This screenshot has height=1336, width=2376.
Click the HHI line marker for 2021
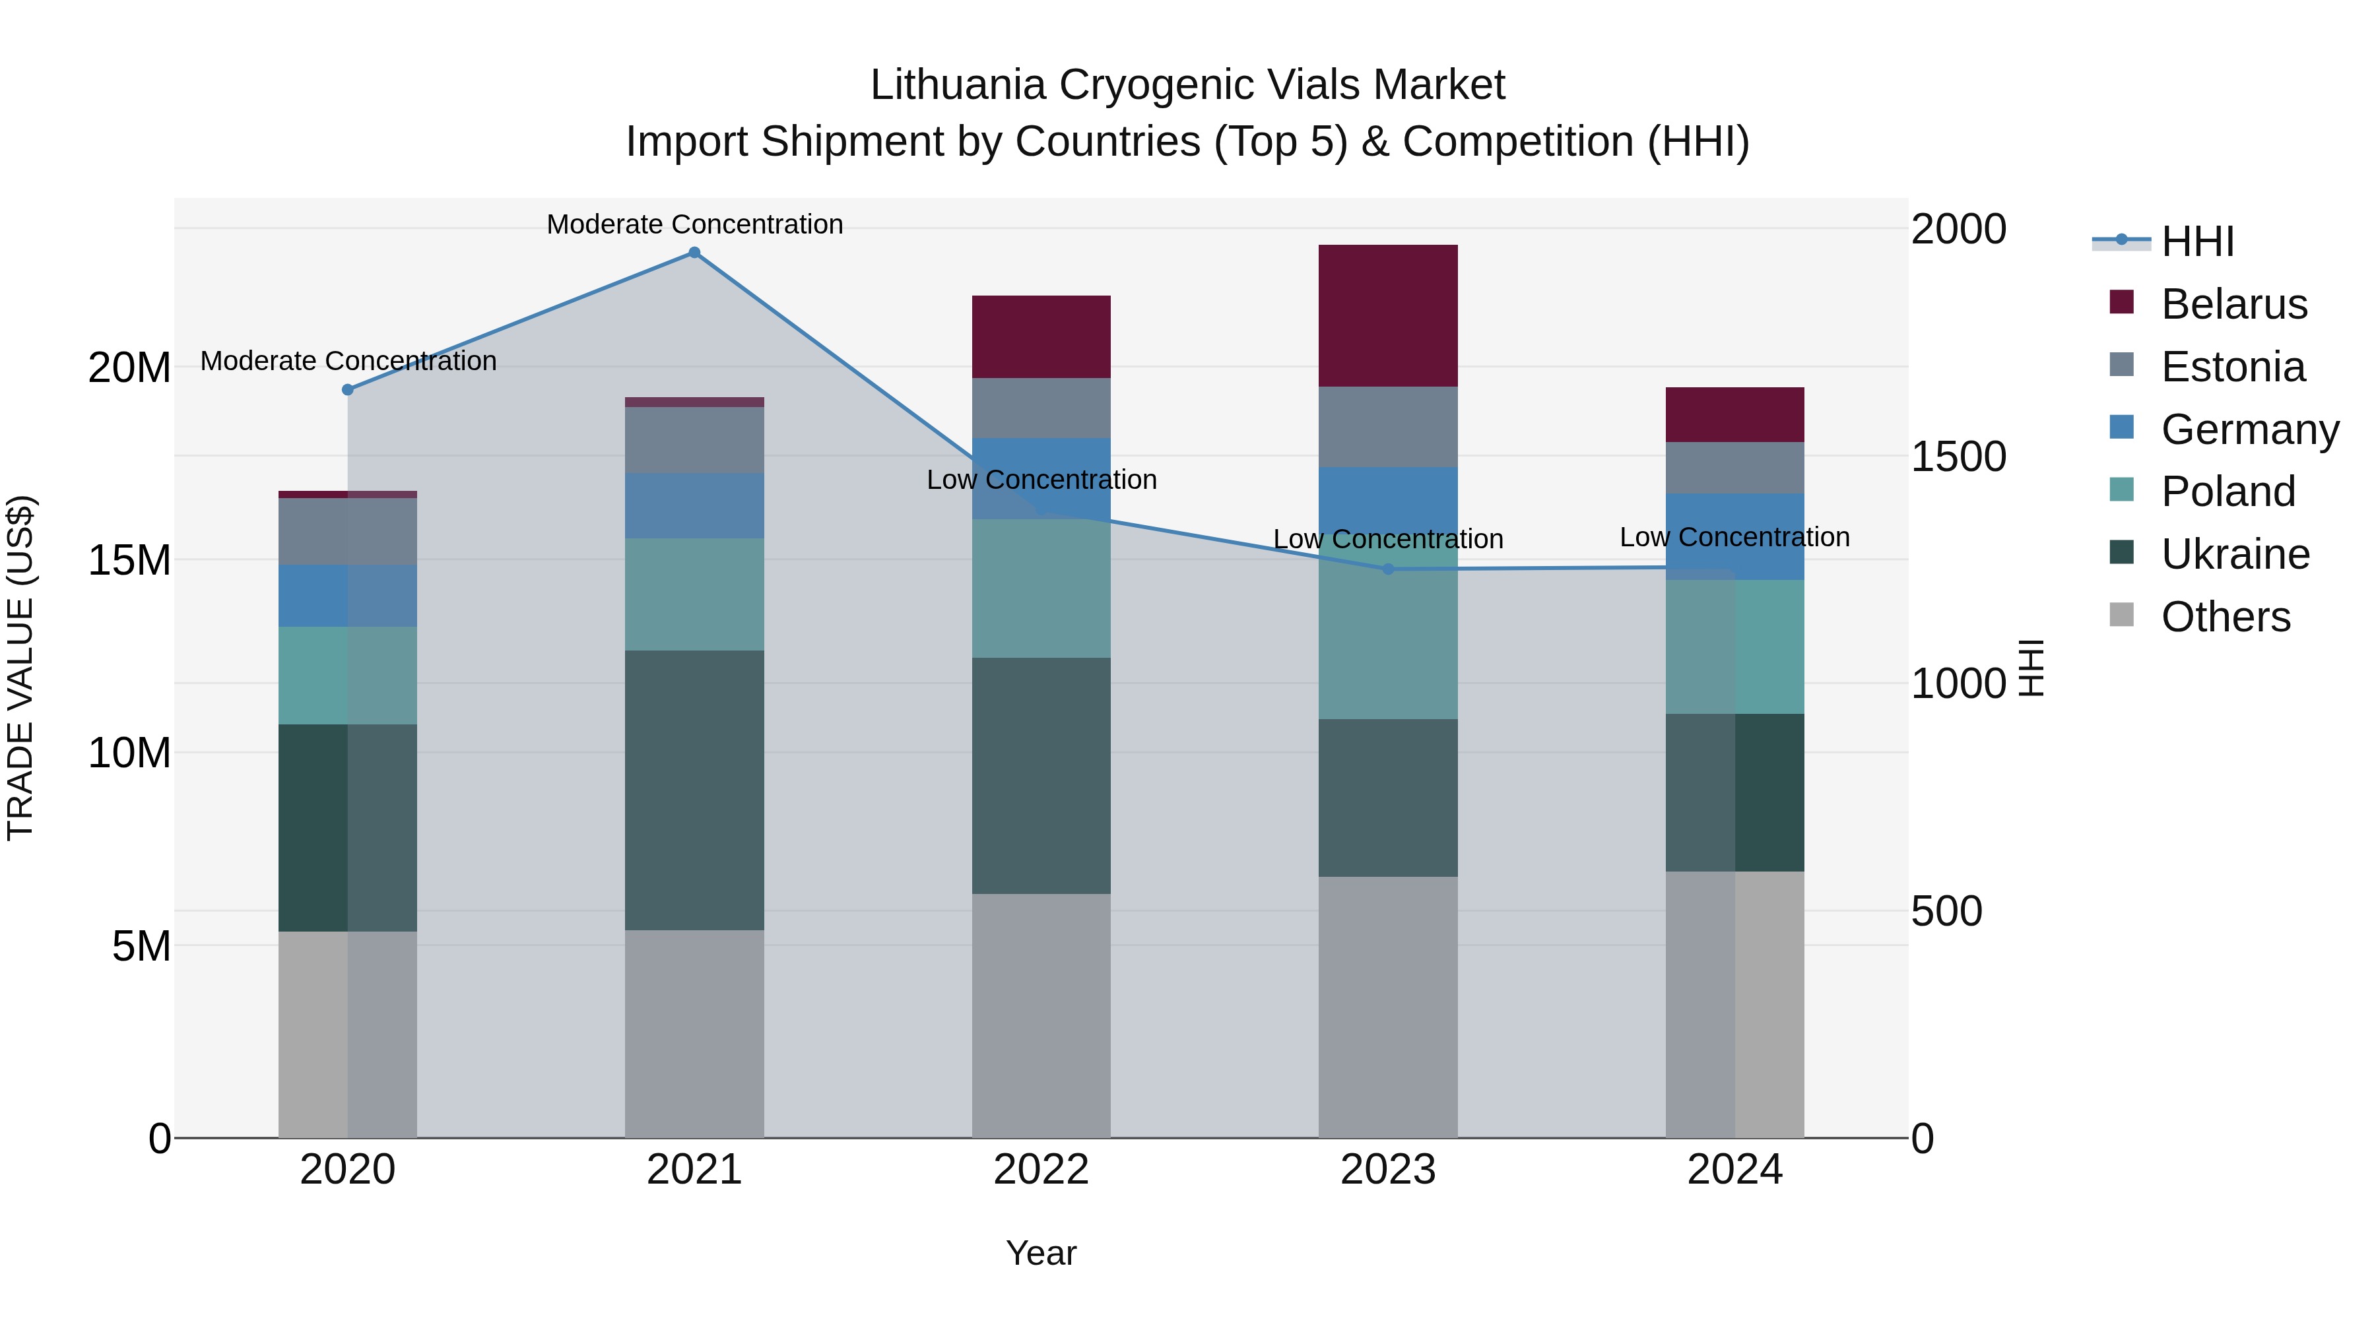pos(694,253)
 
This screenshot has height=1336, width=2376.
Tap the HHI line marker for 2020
pos(348,390)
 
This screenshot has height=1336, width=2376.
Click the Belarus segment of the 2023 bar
pos(1388,315)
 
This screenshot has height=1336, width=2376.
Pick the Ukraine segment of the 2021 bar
pos(694,790)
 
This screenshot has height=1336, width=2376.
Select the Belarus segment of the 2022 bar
pos(1041,336)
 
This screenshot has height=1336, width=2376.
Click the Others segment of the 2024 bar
pos(1735,1004)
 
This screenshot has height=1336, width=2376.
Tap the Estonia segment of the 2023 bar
pos(1388,427)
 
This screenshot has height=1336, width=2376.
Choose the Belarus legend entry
pos(2233,304)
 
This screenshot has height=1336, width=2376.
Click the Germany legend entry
pos(2249,429)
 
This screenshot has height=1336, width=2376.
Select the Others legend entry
pos(2225,617)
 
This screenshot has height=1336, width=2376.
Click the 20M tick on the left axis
pos(129,368)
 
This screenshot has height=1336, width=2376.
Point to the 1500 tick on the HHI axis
pos(1958,457)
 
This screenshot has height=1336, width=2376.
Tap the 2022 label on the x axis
pos(1041,1170)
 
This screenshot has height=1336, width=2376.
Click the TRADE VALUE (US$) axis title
pos(20,668)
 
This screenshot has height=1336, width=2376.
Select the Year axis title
pos(1041,1253)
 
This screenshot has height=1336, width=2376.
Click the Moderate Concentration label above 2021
pos(694,224)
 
